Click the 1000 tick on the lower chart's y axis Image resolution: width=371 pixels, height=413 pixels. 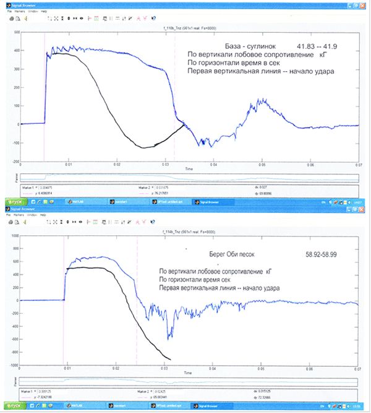point(14,237)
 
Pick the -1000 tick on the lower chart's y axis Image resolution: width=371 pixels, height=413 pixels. point(14,365)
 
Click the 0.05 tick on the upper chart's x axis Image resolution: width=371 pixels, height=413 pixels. point(262,165)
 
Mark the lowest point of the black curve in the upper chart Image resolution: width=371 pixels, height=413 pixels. point(143,147)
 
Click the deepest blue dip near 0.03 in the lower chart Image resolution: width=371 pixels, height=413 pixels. point(170,337)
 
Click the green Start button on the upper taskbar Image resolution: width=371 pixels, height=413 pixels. point(15,202)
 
